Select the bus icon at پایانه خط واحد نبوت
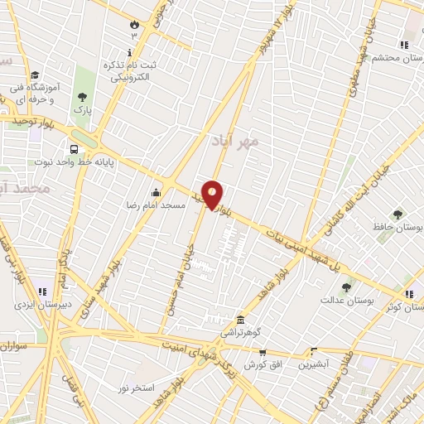click(x=75, y=150)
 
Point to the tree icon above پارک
click(x=81, y=97)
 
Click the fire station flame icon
click(x=133, y=24)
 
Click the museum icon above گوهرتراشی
click(x=240, y=320)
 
